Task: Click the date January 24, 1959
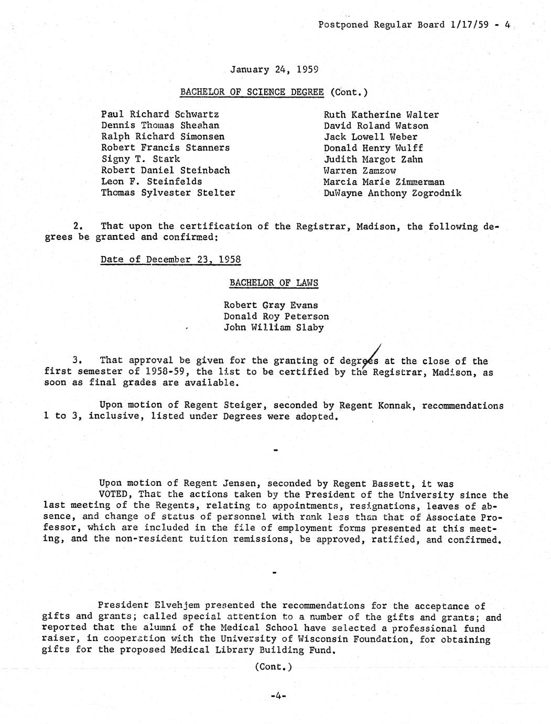tap(275, 69)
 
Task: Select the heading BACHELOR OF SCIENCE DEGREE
tap(252, 92)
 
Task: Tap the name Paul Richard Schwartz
tap(160, 114)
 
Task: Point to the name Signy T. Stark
tap(141, 159)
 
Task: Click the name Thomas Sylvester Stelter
tap(168, 193)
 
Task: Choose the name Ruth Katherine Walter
tap(381, 115)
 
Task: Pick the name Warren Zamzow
tap(360, 171)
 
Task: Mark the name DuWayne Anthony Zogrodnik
tap(393, 193)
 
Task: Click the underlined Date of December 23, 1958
tap(170, 260)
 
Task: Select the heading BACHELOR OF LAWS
tap(274, 283)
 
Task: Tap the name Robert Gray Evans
tap(271, 305)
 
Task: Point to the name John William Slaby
tap(274, 327)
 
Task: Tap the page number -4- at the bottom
tap(277, 696)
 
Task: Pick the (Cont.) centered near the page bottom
tap(273, 667)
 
